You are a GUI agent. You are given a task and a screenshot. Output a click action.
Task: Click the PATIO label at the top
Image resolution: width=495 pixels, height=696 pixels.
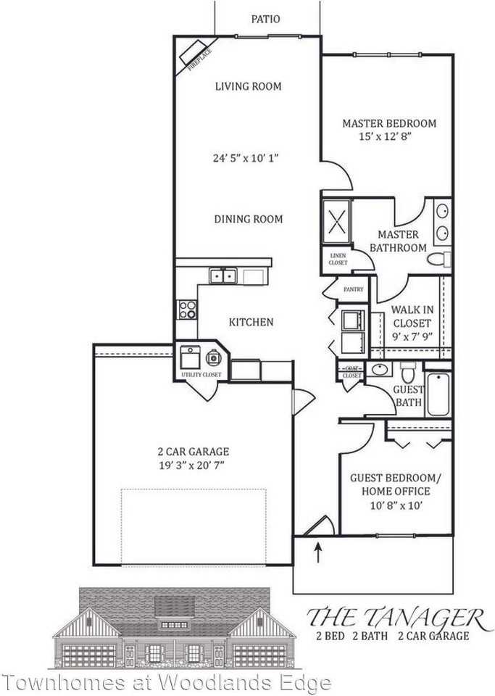pyautogui.click(x=265, y=20)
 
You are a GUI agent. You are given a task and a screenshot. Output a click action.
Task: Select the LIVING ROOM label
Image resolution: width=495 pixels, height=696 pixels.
pyautogui.click(x=248, y=86)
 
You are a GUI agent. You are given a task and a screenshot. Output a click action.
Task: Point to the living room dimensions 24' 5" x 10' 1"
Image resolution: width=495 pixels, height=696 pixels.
pyautogui.click(x=249, y=157)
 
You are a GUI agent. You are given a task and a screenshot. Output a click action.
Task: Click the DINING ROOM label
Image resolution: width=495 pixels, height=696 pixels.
pyautogui.click(x=248, y=219)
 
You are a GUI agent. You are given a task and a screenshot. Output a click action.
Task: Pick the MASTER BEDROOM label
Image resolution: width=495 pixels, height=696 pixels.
pyautogui.click(x=389, y=123)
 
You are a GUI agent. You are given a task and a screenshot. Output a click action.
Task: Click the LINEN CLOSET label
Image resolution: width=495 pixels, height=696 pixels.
pyautogui.click(x=338, y=259)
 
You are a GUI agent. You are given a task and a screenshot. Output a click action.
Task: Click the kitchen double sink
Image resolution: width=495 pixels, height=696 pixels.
pyautogui.click(x=223, y=275)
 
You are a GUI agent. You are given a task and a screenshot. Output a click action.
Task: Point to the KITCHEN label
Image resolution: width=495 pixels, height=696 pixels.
pyautogui.click(x=251, y=322)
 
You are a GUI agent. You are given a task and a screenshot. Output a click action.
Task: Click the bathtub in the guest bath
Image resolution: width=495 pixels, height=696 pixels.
pyautogui.click(x=439, y=394)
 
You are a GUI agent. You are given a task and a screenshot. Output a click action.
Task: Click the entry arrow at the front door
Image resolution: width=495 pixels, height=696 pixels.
pyautogui.click(x=317, y=554)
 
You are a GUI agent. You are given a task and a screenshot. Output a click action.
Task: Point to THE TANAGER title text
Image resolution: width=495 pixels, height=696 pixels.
pyautogui.click(x=395, y=618)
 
